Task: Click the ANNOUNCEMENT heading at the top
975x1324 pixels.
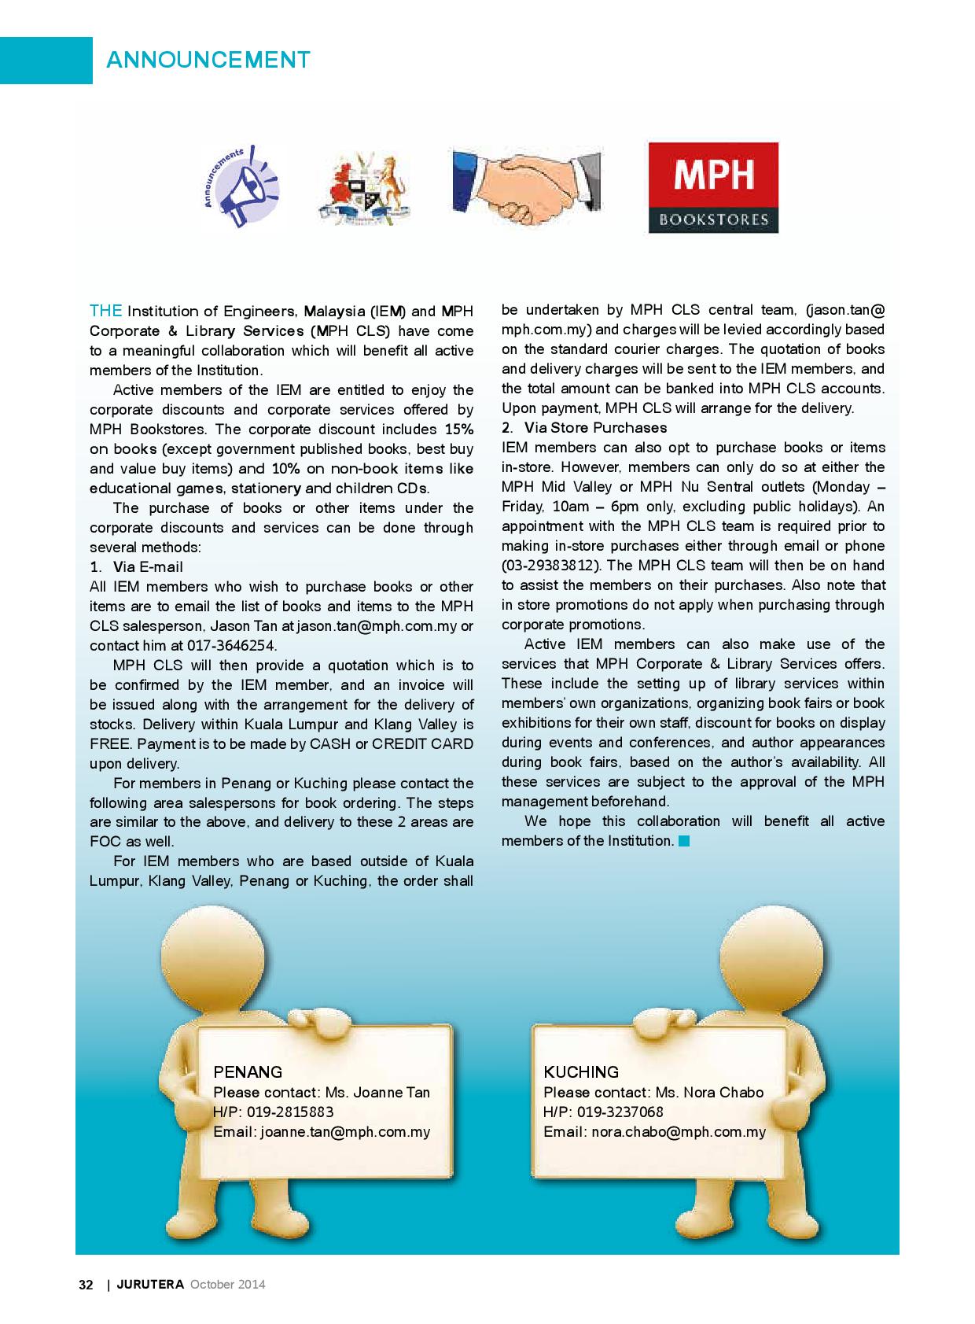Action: click(x=208, y=60)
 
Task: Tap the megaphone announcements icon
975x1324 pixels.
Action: click(x=241, y=187)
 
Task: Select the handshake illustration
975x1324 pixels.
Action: click(x=527, y=187)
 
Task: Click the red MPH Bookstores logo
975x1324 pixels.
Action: click(x=712, y=187)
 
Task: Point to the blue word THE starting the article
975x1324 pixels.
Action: click(x=105, y=311)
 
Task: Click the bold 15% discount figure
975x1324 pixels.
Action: click(x=459, y=430)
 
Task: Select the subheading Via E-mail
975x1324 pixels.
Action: click(x=148, y=567)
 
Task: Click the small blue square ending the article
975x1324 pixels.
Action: click(x=683, y=841)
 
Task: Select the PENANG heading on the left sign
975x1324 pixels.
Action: click(x=248, y=1071)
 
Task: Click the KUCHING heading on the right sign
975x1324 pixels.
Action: click(x=581, y=1071)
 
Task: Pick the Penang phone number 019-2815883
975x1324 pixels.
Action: click(x=290, y=1112)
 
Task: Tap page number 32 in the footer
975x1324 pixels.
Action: click(x=86, y=1285)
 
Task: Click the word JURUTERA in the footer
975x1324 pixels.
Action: click(x=150, y=1285)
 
